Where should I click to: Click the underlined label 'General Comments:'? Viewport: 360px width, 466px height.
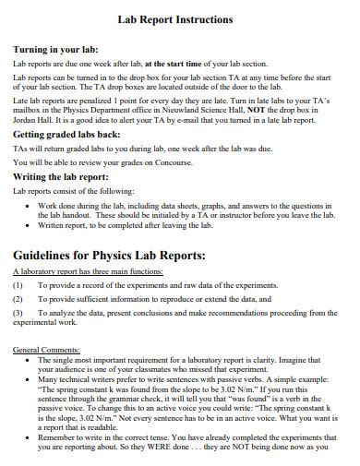coord(43,351)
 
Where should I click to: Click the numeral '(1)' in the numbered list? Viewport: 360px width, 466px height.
coord(18,286)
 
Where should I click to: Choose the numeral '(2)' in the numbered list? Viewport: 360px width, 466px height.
coord(18,299)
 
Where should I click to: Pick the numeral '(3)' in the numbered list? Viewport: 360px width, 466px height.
coord(18,313)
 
